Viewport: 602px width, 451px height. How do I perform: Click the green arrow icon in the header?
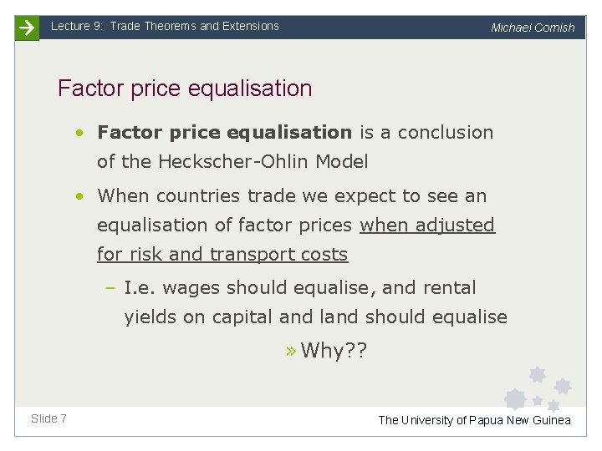tap(27, 28)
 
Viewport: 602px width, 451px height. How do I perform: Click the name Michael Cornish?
tap(533, 28)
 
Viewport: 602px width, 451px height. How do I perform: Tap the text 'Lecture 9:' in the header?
tap(77, 26)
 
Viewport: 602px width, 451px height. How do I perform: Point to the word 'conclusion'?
tap(446, 132)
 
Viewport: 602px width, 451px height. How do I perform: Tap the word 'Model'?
tap(340, 161)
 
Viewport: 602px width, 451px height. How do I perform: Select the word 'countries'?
tap(197, 196)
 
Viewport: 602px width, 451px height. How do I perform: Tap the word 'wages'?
tap(191, 288)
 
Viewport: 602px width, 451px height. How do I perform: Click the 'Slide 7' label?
tap(48, 418)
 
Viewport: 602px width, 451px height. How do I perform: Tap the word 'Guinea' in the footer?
tap(549, 420)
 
